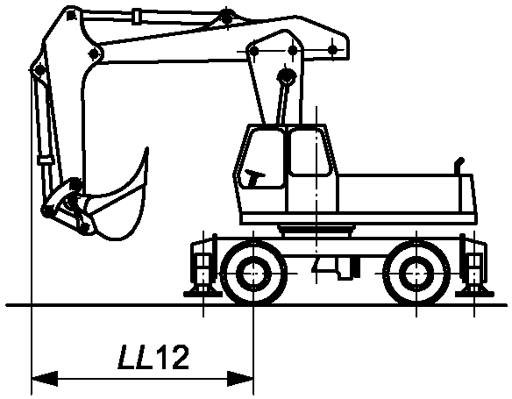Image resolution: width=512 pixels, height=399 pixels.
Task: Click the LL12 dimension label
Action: pos(153,357)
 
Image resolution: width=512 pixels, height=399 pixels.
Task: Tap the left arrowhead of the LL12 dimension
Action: pos(45,379)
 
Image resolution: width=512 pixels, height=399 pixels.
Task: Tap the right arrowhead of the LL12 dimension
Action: pos(240,379)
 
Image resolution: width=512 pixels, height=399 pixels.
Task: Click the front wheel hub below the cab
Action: pos(253,273)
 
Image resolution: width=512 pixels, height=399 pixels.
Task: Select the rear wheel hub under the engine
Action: pos(416,273)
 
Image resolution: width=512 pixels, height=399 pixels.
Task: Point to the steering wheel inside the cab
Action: pos(254,176)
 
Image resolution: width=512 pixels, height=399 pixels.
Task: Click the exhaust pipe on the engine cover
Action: pos(459,167)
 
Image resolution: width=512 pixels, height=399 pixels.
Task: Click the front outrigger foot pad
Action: pos(203,294)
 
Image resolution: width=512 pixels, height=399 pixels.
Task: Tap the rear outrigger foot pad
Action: pos(474,294)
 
